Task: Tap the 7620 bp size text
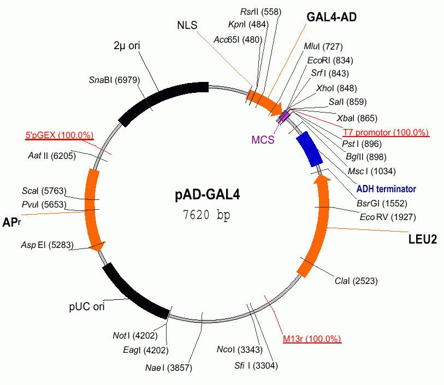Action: pyautogui.click(x=207, y=215)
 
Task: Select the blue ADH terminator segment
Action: pyautogui.click(x=310, y=149)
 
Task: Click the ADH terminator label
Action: pyautogui.click(x=386, y=189)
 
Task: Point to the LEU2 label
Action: pyautogui.click(x=423, y=239)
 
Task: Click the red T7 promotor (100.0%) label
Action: pyautogui.click(x=386, y=133)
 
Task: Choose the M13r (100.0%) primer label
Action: pyautogui.click(x=312, y=339)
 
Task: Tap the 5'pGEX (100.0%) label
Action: pyautogui.click(x=60, y=135)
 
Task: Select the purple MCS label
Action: pyautogui.click(x=263, y=139)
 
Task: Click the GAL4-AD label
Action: pyautogui.click(x=331, y=17)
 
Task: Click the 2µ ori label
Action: pyautogui.click(x=127, y=46)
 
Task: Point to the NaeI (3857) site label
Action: pyautogui.click(x=169, y=368)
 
